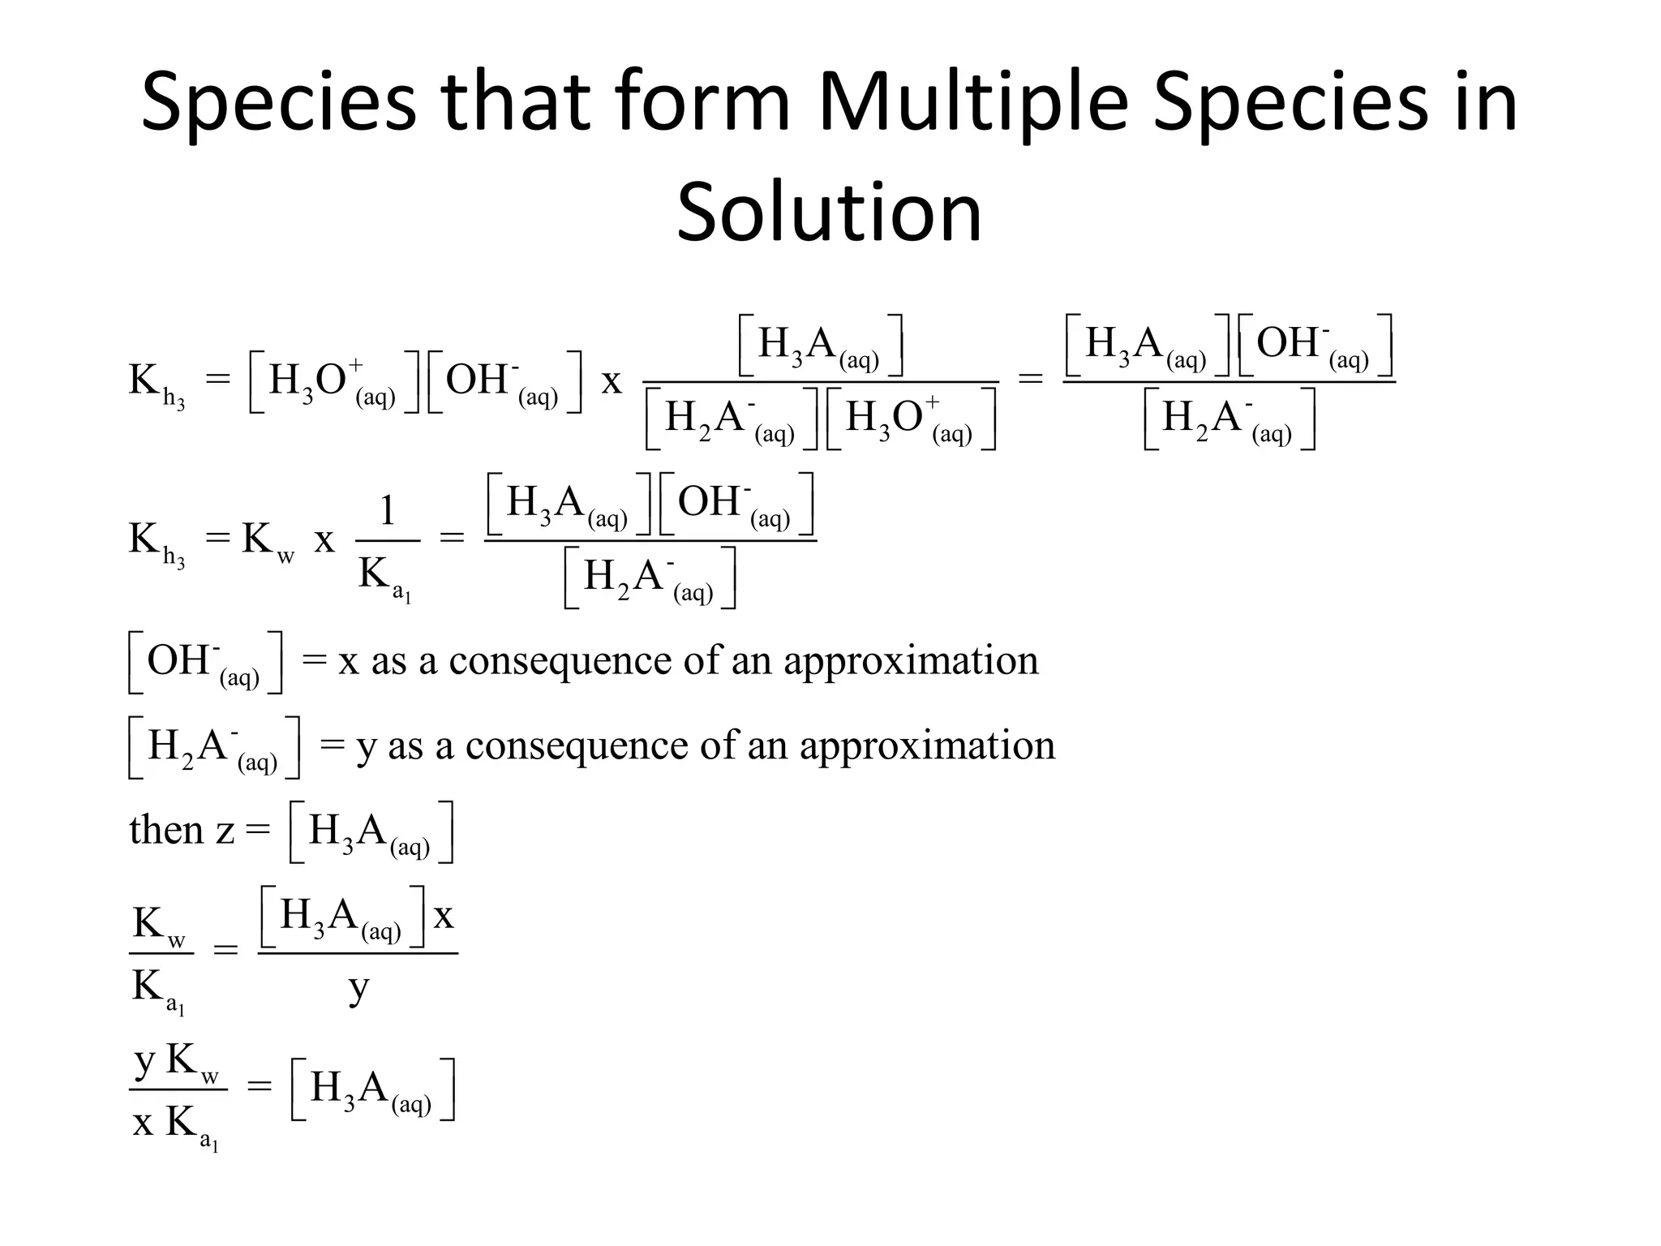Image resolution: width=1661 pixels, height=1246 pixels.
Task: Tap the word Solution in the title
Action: click(x=829, y=213)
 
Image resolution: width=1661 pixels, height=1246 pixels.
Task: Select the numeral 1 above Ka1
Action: click(x=388, y=512)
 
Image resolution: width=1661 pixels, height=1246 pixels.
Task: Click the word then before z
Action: click(x=165, y=830)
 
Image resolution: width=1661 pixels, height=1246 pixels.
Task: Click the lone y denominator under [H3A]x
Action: click(x=358, y=988)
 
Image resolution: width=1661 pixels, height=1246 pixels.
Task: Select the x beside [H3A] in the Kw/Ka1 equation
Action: click(x=444, y=917)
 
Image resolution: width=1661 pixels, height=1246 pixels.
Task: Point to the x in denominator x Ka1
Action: click(x=144, y=1124)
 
